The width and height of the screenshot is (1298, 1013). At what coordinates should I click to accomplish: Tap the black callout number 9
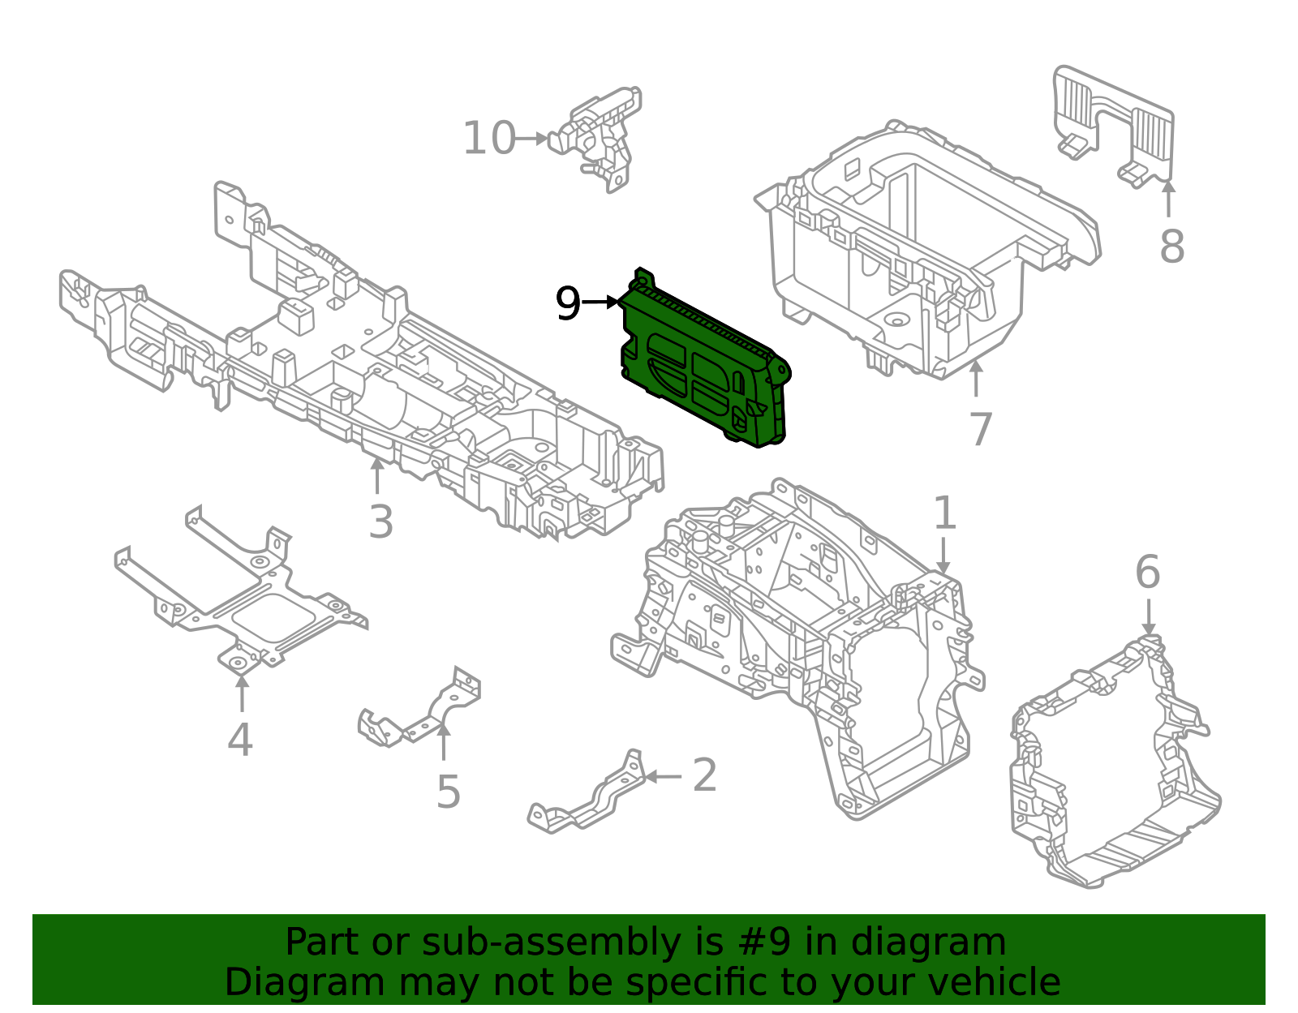click(x=568, y=304)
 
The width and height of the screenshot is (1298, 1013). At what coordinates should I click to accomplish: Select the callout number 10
click(x=489, y=139)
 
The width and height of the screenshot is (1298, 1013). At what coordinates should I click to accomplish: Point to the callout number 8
click(x=1171, y=246)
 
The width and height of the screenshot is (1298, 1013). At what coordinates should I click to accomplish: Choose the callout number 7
click(x=981, y=429)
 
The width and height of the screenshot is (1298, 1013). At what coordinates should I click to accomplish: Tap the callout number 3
click(x=380, y=522)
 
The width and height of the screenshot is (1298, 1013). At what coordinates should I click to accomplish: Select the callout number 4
click(x=240, y=740)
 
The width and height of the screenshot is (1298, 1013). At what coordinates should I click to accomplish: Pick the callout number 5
click(x=448, y=792)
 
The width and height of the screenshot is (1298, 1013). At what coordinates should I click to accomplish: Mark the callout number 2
click(x=704, y=775)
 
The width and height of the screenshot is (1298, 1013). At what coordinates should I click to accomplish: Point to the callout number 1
click(x=944, y=513)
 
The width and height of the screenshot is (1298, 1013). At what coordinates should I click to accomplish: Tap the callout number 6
click(x=1147, y=573)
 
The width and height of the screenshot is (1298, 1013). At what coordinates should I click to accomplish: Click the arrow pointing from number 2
click(x=664, y=776)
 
